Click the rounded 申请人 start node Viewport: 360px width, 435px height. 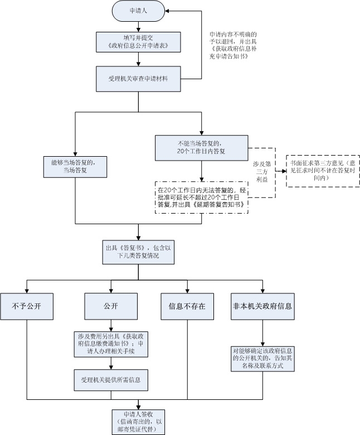(138, 11)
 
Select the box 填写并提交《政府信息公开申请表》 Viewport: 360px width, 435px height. (138, 42)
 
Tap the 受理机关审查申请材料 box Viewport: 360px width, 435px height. (138, 79)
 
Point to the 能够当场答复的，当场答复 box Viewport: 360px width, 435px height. (75, 167)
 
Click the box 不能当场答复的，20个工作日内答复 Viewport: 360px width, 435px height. (202, 148)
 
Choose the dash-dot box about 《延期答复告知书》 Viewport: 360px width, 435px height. (202, 197)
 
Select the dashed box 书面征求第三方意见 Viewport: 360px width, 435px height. (323, 171)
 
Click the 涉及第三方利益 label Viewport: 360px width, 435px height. (262, 172)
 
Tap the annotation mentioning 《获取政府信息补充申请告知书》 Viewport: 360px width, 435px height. (233, 46)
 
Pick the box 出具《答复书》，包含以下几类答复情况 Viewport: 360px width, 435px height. (138, 252)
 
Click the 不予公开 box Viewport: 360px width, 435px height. (27, 307)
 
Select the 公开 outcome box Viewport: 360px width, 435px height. (111, 306)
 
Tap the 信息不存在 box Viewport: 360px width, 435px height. (187, 307)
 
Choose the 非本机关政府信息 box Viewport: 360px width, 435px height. (262, 307)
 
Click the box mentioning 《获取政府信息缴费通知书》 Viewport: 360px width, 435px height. (111, 344)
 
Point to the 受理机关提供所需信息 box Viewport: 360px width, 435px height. (111, 380)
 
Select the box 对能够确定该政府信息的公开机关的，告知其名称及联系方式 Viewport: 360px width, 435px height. (262, 359)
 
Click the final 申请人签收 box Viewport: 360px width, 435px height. (138, 422)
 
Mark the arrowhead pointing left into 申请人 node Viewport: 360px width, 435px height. (168, 11)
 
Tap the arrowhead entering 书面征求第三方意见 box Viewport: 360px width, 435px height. (284, 171)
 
